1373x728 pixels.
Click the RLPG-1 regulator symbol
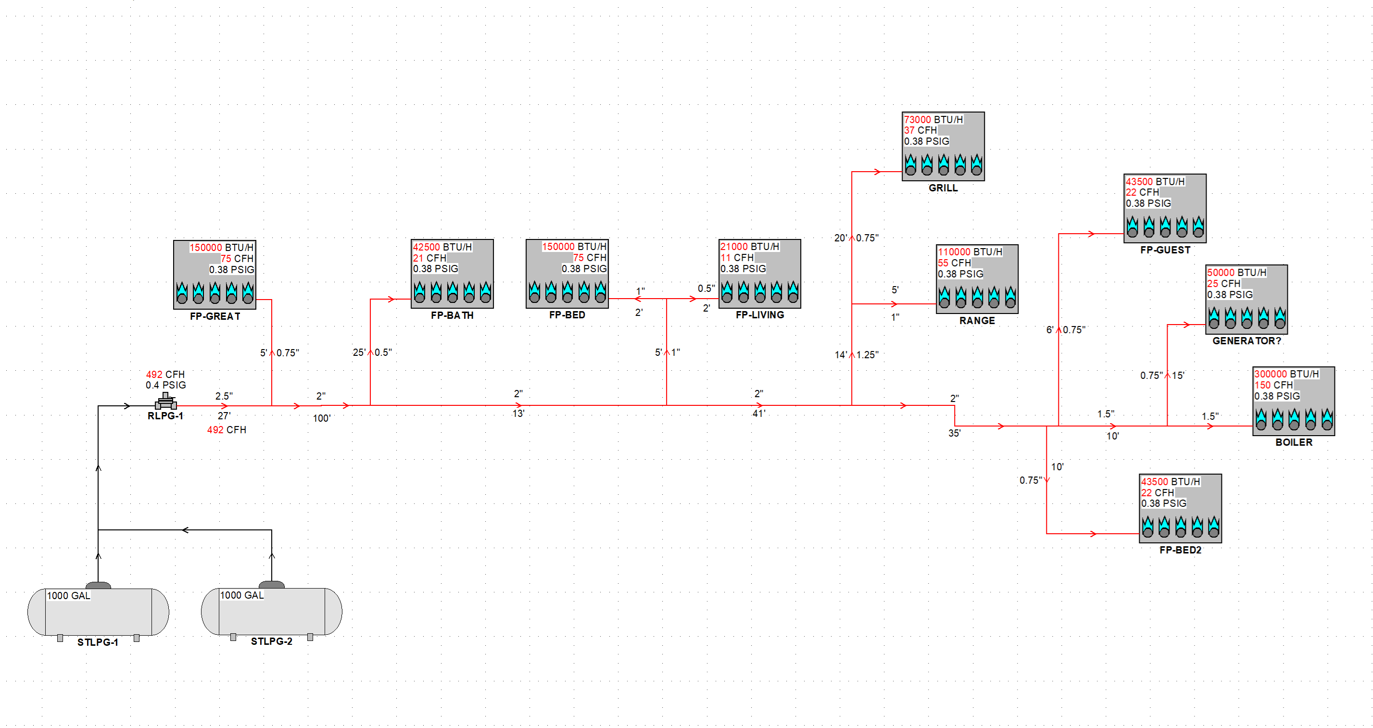tap(166, 402)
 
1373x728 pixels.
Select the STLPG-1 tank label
tap(98, 642)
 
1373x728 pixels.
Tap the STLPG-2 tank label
tap(271, 641)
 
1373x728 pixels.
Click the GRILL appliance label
tap(943, 188)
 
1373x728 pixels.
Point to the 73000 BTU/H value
tap(933, 120)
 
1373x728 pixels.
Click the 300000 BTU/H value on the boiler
tap(1286, 374)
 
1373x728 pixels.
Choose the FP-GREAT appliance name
tap(215, 316)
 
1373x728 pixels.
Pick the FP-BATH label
tap(452, 315)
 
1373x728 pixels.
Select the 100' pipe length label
tap(321, 418)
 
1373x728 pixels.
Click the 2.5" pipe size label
tap(224, 396)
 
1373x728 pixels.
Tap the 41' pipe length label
tap(758, 414)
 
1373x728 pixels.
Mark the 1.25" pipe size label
tap(867, 355)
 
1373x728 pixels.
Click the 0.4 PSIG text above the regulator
tap(166, 385)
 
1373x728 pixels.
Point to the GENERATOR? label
tap(1246, 341)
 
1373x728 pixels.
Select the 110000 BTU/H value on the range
tap(970, 252)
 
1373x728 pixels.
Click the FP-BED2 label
tap(1180, 550)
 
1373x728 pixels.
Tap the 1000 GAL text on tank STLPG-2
tap(242, 595)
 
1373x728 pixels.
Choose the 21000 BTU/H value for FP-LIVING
tap(749, 247)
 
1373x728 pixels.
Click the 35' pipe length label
tap(954, 433)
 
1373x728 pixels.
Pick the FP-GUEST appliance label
tap(1165, 250)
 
